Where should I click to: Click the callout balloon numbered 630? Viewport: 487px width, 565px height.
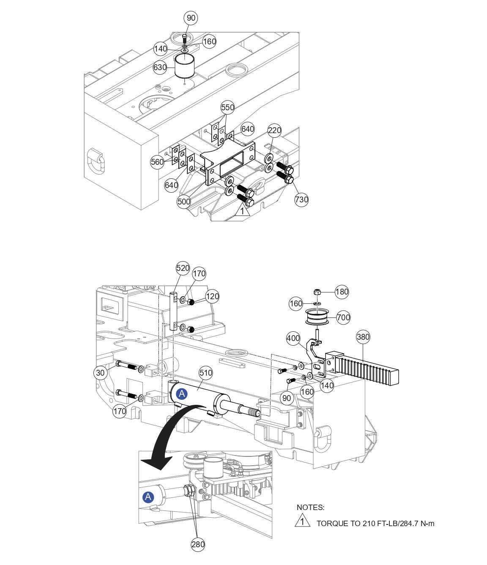[160, 67]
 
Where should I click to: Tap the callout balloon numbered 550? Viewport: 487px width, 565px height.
[227, 108]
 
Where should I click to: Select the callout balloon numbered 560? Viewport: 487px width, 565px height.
[157, 162]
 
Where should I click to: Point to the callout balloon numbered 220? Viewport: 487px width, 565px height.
[274, 131]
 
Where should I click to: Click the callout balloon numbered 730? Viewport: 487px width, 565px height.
[301, 199]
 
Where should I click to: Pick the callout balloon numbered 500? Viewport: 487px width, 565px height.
[183, 202]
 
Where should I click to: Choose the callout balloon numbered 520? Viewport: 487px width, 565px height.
[183, 268]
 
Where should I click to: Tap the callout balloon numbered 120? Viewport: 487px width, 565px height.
[212, 296]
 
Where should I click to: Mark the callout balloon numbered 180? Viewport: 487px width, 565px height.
[342, 292]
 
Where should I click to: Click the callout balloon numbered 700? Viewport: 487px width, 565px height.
[343, 317]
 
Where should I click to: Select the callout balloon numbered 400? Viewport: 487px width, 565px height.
[293, 338]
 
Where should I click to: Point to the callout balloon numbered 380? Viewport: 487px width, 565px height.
[363, 337]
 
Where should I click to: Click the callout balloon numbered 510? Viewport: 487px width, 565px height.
[206, 373]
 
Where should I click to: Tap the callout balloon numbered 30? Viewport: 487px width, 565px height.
[100, 372]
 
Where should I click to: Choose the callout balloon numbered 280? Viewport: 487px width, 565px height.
[198, 544]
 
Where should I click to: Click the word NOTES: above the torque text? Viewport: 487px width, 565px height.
[310, 508]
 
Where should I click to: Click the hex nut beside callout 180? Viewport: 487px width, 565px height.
[317, 292]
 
